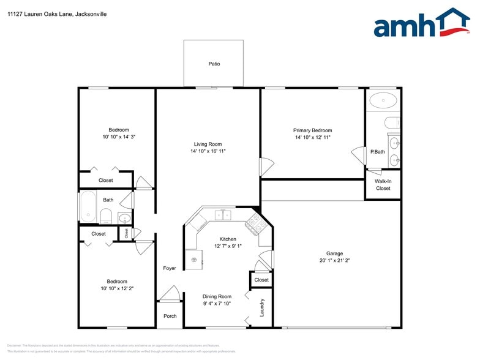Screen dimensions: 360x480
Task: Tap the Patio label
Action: coord(214,64)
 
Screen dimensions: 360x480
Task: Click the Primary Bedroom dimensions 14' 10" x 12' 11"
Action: coord(312,138)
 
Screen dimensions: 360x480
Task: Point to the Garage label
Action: coord(334,253)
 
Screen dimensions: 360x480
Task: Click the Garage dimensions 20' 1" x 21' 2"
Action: coord(334,260)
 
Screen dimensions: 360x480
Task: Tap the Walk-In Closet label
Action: coord(383,185)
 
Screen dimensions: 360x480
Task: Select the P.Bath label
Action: coord(377,152)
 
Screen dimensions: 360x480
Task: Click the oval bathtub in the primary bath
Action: coord(384,99)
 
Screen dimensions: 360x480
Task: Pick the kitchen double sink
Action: coord(224,214)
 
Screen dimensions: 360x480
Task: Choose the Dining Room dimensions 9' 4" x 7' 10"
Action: coord(217,303)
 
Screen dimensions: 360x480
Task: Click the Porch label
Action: coord(170,317)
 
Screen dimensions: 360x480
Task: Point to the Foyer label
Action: coord(170,268)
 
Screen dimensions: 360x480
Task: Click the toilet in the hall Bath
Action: coord(105,216)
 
